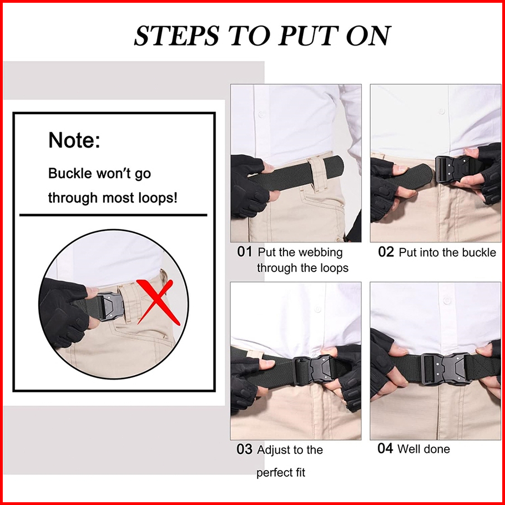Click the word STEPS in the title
(176, 35)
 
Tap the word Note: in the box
(74, 140)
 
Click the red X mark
(158, 302)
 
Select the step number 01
(245, 252)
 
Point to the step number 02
(386, 252)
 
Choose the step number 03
(244, 450)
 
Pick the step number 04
(385, 448)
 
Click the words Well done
(423, 448)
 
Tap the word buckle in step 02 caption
(479, 252)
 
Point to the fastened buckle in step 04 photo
(447, 369)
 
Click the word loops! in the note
(158, 198)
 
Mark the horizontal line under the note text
(113, 215)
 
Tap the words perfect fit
(281, 473)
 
